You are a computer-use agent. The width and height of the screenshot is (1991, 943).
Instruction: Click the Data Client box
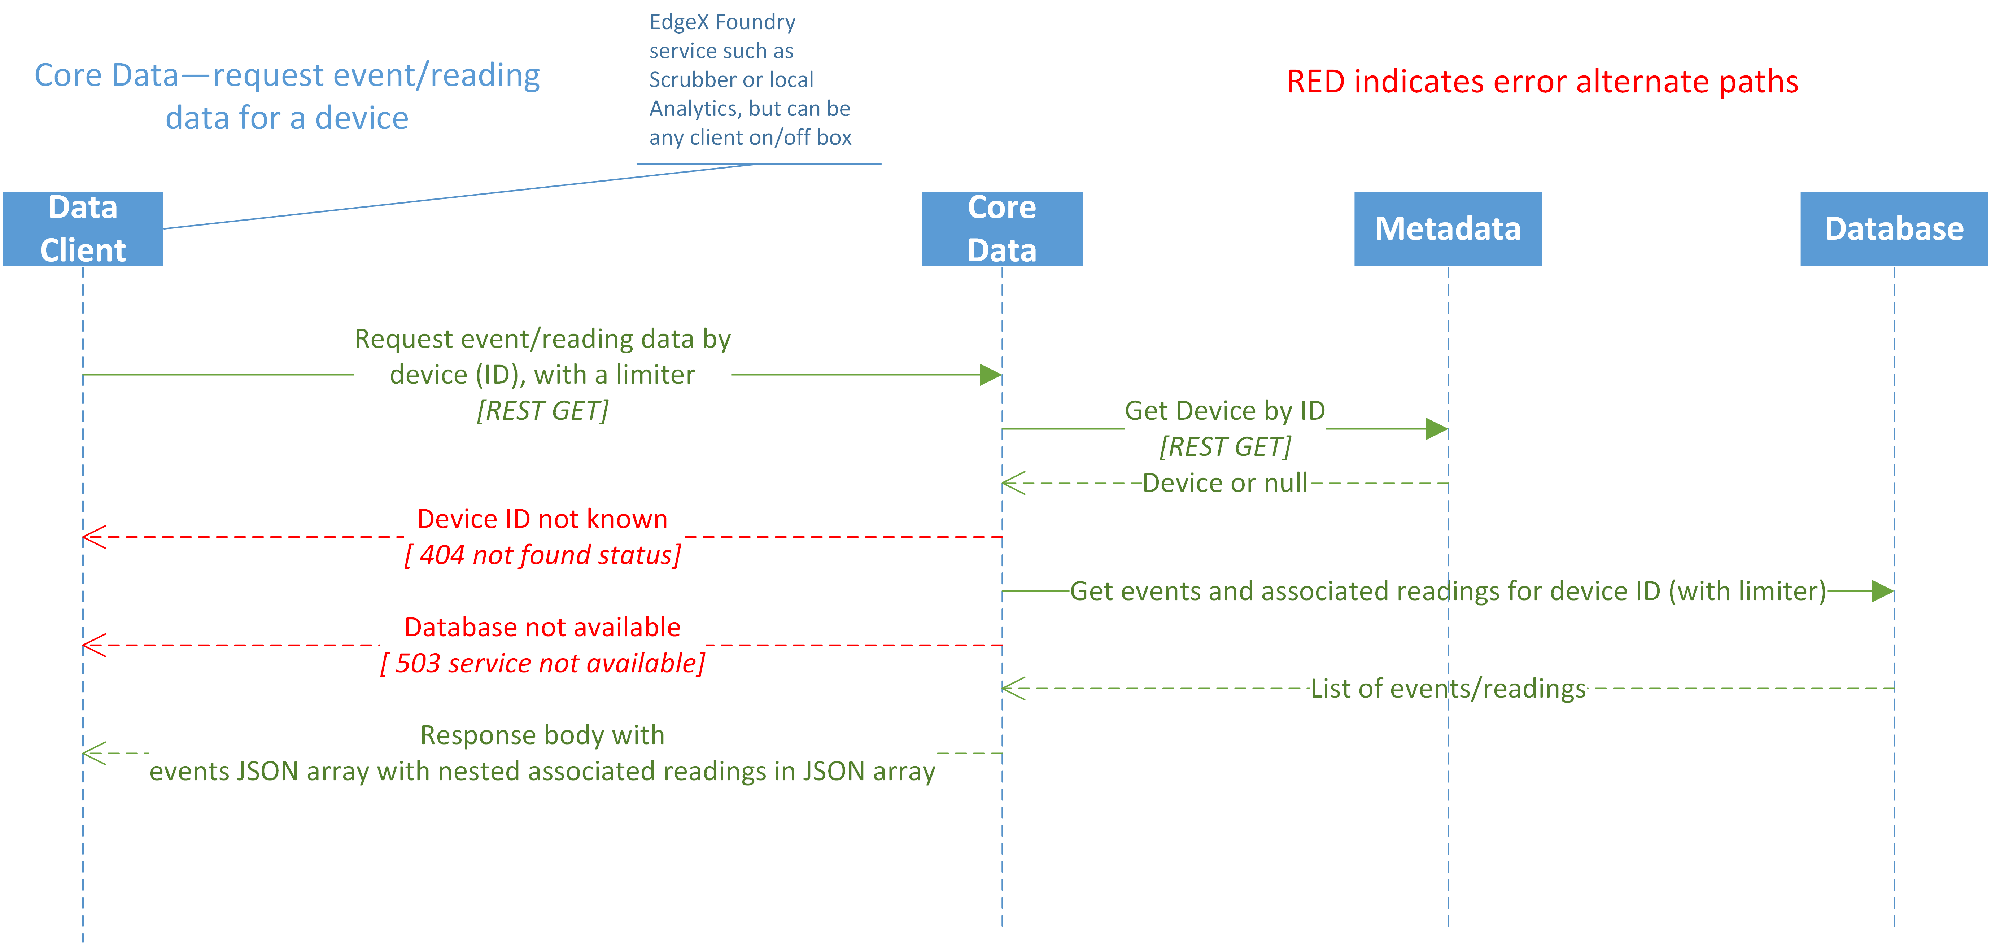click(x=83, y=229)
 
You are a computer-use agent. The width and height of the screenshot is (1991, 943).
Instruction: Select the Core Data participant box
click(x=1002, y=229)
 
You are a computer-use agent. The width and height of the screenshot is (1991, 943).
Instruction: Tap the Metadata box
click(x=1448, y=229)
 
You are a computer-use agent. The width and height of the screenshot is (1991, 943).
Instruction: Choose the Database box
click(x=1894, y=229)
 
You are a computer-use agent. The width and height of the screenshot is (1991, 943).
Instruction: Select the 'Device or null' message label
click(x=1225, y=483)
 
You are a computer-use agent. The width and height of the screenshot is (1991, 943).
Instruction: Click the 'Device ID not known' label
click(x=542, y=519)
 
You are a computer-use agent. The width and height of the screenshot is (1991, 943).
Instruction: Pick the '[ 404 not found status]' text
click(x=542, y=555)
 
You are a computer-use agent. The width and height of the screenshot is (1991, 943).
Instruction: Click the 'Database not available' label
click(x=542, y=627)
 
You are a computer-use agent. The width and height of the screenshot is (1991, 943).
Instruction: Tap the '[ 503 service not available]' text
click(x=542, y=663)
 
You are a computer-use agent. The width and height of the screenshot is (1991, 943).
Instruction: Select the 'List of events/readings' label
click(x=1448, y=688)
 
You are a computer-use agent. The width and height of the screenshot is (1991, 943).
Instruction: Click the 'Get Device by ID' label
click(x=1225, y=410)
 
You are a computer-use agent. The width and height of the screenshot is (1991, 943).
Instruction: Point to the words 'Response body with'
click(x=542, y=735)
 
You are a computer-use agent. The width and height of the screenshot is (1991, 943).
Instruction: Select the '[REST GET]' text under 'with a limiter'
click(x=542, y=410)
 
